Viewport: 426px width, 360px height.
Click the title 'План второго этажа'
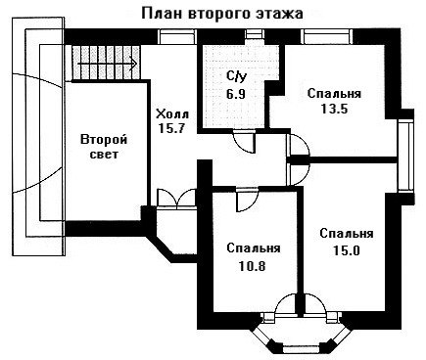point(222,14)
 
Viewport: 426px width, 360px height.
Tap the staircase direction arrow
point(107,64)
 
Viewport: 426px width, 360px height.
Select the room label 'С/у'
point(237,76)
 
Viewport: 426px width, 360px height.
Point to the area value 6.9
point(236,94)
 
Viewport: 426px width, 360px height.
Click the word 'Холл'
point(172,114)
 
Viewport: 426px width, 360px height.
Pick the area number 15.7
point(171,128)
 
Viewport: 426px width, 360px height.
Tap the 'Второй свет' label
point(104,147)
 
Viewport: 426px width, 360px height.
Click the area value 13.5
point(334,109)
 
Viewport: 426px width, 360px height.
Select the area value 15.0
point(347,250)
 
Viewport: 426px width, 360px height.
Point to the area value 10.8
point(252,266)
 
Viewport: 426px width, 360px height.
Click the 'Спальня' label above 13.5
point(334,94)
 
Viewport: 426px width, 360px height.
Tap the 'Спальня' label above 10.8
point(254,248)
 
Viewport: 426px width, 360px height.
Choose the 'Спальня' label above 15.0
point(347,234)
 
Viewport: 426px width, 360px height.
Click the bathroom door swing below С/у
point(244,141)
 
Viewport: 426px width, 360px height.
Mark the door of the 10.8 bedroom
point(247,200)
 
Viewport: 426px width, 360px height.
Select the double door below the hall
point(176,198)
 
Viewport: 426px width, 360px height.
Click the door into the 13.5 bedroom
point(298,145)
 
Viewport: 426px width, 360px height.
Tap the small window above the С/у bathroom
point(255,34)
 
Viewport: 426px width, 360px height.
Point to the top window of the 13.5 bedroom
point(327,36)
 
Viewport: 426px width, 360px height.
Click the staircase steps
point(106,63)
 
